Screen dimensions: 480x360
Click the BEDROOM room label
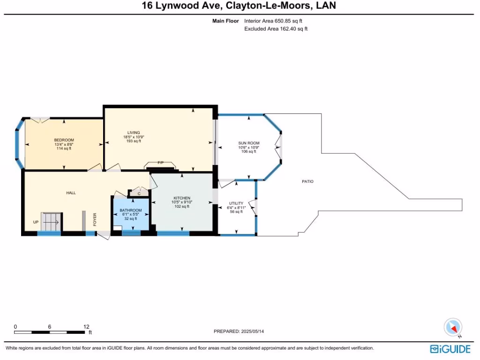click(64, 140)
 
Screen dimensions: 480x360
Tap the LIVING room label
click(134, 133)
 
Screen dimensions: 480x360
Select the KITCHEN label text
click(182, 198)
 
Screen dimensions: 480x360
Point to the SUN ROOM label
click(249, 143)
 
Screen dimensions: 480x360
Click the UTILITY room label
click(236, 203)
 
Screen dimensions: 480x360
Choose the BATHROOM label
click(131, 210)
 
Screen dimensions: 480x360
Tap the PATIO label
click(307, 181)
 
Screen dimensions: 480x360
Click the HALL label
click(71, 193)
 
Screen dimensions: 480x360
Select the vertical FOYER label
click(95, 219)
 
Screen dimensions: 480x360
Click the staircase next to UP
click(52, 222)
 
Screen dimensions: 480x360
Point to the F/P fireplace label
click(160, 163)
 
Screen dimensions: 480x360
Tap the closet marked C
click(139, 193)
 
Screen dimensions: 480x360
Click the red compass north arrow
click(454, 329)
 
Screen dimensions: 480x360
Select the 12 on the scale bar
click(86, 327)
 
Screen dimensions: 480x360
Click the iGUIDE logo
click(450, 349)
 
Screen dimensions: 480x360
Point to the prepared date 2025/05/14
click(253, 331)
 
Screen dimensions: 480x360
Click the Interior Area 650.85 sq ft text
click(273, 21)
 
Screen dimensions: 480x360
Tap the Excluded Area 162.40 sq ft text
click(276, 29)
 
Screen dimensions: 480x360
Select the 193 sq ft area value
click(134, 141)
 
